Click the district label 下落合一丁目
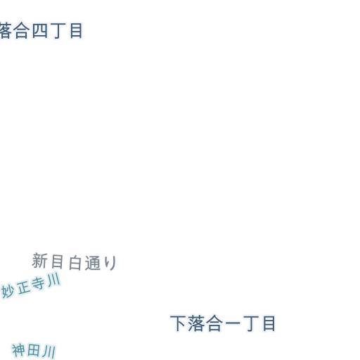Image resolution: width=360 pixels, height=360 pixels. tap(223, 323)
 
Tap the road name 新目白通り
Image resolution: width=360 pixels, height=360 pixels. tap(74, 262)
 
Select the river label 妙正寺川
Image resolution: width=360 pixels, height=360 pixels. tap(31, 285)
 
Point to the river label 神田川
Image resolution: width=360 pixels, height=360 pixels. tap(34, 350)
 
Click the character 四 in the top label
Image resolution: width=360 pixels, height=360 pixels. tap(39, 31)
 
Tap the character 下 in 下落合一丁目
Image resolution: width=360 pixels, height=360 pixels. tap(178, 323)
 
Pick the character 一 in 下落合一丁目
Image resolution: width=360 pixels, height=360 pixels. tap(233, 323)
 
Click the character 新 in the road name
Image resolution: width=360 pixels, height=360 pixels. tap(39, 260)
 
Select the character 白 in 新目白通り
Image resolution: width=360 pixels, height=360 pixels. tap(75, 263)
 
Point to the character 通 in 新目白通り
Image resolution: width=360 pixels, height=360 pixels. tap(93, 263)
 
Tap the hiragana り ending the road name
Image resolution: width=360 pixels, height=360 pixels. tap(110, 263)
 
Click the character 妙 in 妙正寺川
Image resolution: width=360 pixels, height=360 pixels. tap(8, 292)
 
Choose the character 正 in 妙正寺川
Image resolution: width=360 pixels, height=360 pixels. tap(23, 288)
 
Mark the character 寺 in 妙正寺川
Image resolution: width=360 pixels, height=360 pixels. tap(38, 283)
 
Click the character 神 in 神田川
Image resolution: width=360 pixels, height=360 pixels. tap(18, 350)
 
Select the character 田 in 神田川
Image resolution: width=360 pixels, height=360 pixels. tap(33, 350)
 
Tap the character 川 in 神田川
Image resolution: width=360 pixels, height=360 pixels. tap(49, 352)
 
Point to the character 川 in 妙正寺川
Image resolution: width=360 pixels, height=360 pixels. tap(54, 280)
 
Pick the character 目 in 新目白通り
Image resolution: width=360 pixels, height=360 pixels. tap(58, 262)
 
